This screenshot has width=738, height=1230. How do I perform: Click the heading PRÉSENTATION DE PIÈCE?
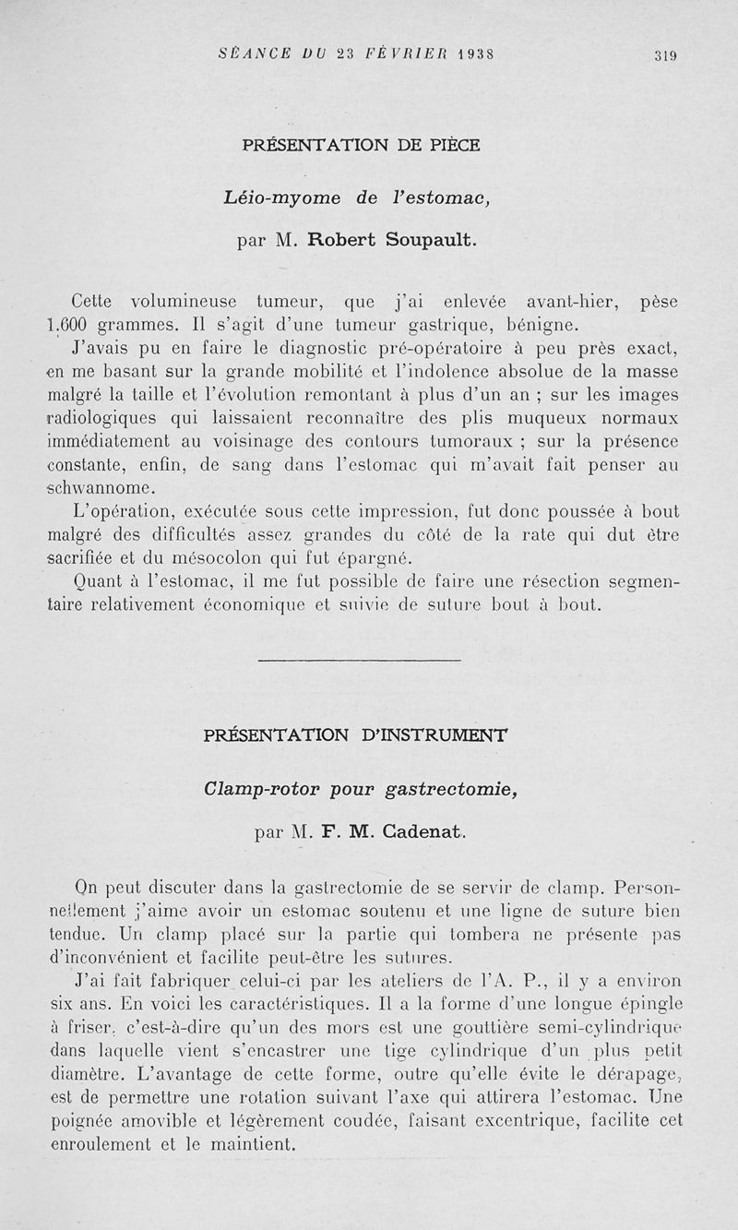click(361, 145)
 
